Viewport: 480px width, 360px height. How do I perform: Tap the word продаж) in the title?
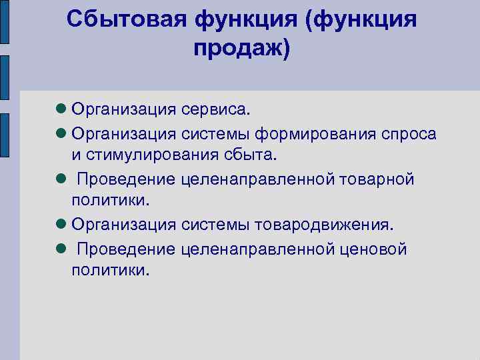point(242,49)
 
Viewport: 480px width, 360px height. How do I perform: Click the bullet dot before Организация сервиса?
point(61,108)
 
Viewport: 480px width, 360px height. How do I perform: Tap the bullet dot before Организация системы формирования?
point(61,134)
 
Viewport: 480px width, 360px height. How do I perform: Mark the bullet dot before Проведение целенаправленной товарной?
point(61,179)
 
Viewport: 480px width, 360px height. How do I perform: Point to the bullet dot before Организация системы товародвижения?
point(61,225)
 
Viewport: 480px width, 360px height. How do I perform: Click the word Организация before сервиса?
point(124,108)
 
